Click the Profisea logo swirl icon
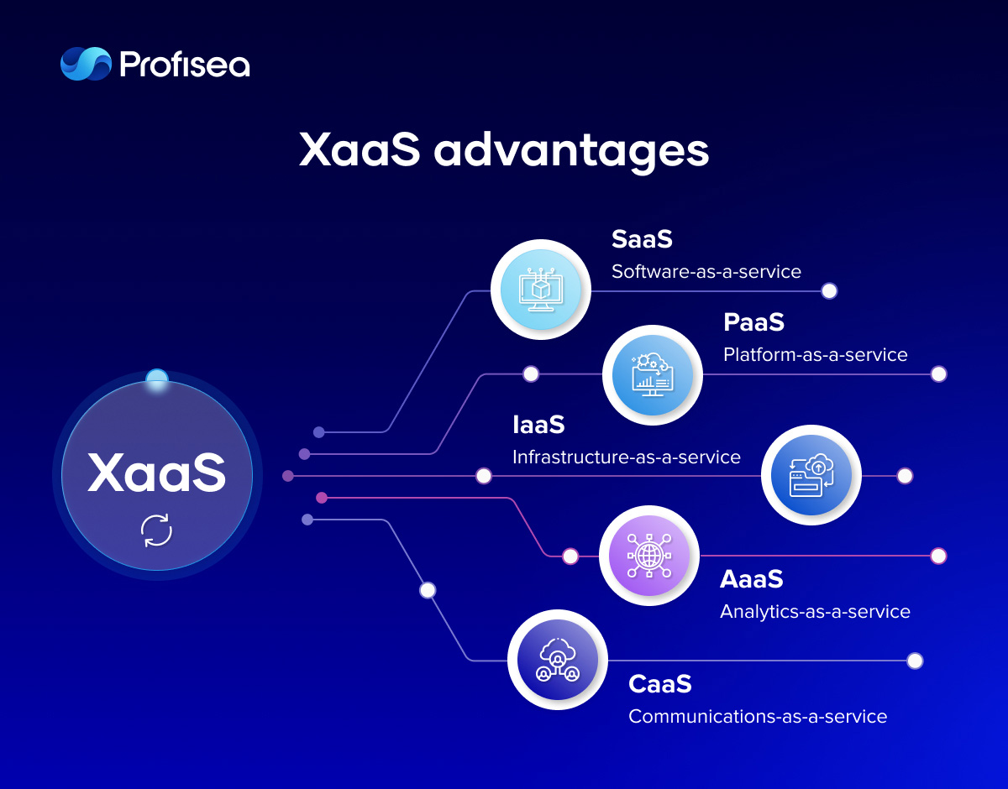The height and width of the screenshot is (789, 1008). tap(87, 64)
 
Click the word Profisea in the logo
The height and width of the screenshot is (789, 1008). tap(185, 65)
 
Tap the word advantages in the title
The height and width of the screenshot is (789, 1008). tap(571, 151)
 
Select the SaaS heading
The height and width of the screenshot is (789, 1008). tap(642, 239)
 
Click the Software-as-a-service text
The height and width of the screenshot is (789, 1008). tap(706, 271)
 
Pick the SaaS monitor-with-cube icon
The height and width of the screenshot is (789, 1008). tap(541, 290)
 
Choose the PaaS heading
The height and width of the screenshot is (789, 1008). tap(753, 322)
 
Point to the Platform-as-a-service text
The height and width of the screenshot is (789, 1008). tap(815, 355)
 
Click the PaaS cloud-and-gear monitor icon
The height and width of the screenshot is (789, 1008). tap(653, 375)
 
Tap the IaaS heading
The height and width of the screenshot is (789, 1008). tap(538, 425)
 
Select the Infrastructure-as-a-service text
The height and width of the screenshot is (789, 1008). tap(627, 457)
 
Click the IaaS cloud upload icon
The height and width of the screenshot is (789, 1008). tap(811, 475)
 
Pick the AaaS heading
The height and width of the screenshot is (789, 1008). tap(752, 579)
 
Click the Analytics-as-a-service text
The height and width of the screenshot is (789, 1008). tap(815, 612)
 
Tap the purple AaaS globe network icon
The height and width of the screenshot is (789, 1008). tap(649, 556)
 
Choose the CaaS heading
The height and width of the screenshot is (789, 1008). tap(660, 684)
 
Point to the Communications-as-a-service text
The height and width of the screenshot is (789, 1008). tap(758, 717)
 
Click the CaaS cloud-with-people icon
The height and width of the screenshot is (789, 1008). tap(558, 660)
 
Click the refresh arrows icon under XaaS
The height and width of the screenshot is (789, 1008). tap(157, 530)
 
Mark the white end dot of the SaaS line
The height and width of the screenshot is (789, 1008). tap(829, 291)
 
